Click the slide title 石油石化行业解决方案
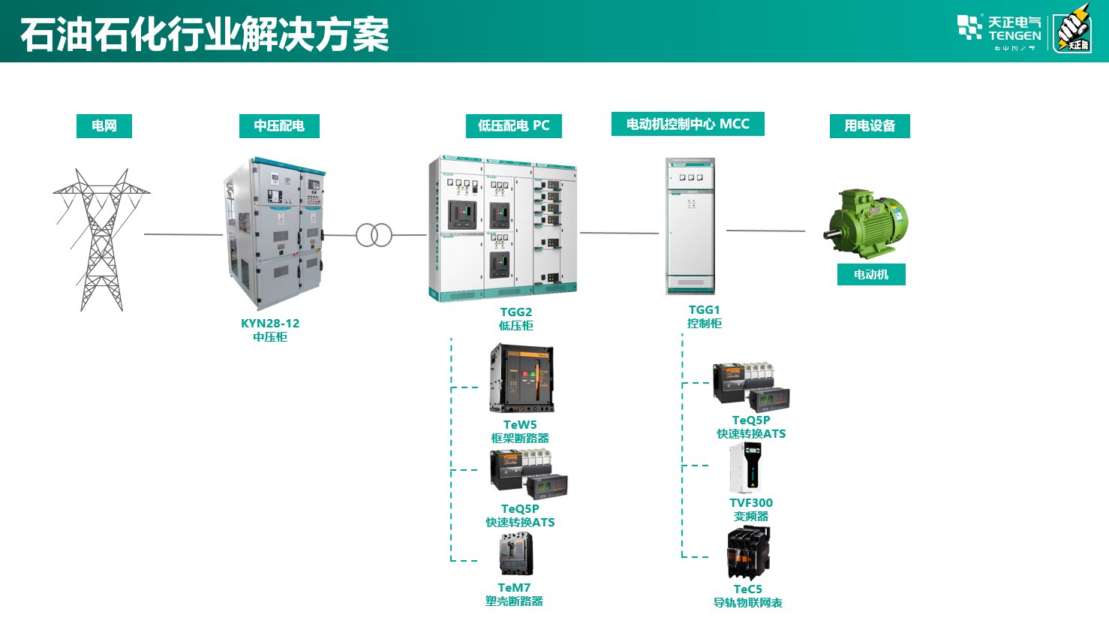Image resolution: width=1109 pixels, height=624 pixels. point(204,35)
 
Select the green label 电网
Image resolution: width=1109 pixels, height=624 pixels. point(104,125)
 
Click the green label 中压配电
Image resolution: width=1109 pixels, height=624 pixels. point(279,125)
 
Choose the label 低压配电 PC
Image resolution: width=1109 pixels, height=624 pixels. point(514,125)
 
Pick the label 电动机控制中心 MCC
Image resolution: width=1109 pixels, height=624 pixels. point(688,124)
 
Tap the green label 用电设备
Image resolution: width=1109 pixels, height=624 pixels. point(870,125)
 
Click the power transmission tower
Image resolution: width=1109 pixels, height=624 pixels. point(101,239)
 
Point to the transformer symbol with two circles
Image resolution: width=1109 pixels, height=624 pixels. point(374,235)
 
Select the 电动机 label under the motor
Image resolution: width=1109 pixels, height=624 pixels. point(871,275)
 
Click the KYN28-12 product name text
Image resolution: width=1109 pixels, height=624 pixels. point(270,324)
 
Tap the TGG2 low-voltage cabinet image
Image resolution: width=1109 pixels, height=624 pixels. point(503,228)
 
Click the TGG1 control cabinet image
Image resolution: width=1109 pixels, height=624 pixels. point(690,225)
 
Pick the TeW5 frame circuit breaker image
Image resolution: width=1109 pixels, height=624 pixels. point(521,378)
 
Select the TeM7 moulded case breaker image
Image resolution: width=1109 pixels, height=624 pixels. point(516,554)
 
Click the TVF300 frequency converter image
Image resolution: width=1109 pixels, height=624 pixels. point(746,467)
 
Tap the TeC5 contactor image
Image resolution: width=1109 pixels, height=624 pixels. point(748,553)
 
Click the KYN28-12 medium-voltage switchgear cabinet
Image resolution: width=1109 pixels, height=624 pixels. point(275,233)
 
